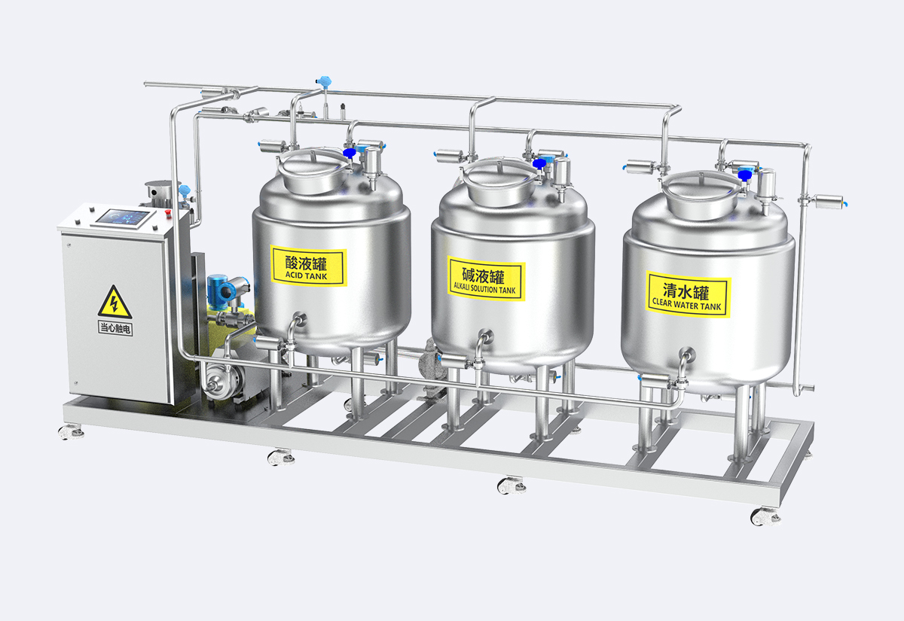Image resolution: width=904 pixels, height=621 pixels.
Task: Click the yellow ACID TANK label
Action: (308, 266)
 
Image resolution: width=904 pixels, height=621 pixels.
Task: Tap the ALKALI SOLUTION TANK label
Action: (486, 279)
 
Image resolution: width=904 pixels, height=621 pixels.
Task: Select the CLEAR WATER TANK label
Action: (688, 294)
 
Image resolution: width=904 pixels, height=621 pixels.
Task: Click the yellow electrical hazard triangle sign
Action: (115, 302)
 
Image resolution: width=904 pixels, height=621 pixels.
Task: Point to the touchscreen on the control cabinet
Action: (122, 218)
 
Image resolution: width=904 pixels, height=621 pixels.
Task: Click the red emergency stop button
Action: (167, 212)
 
